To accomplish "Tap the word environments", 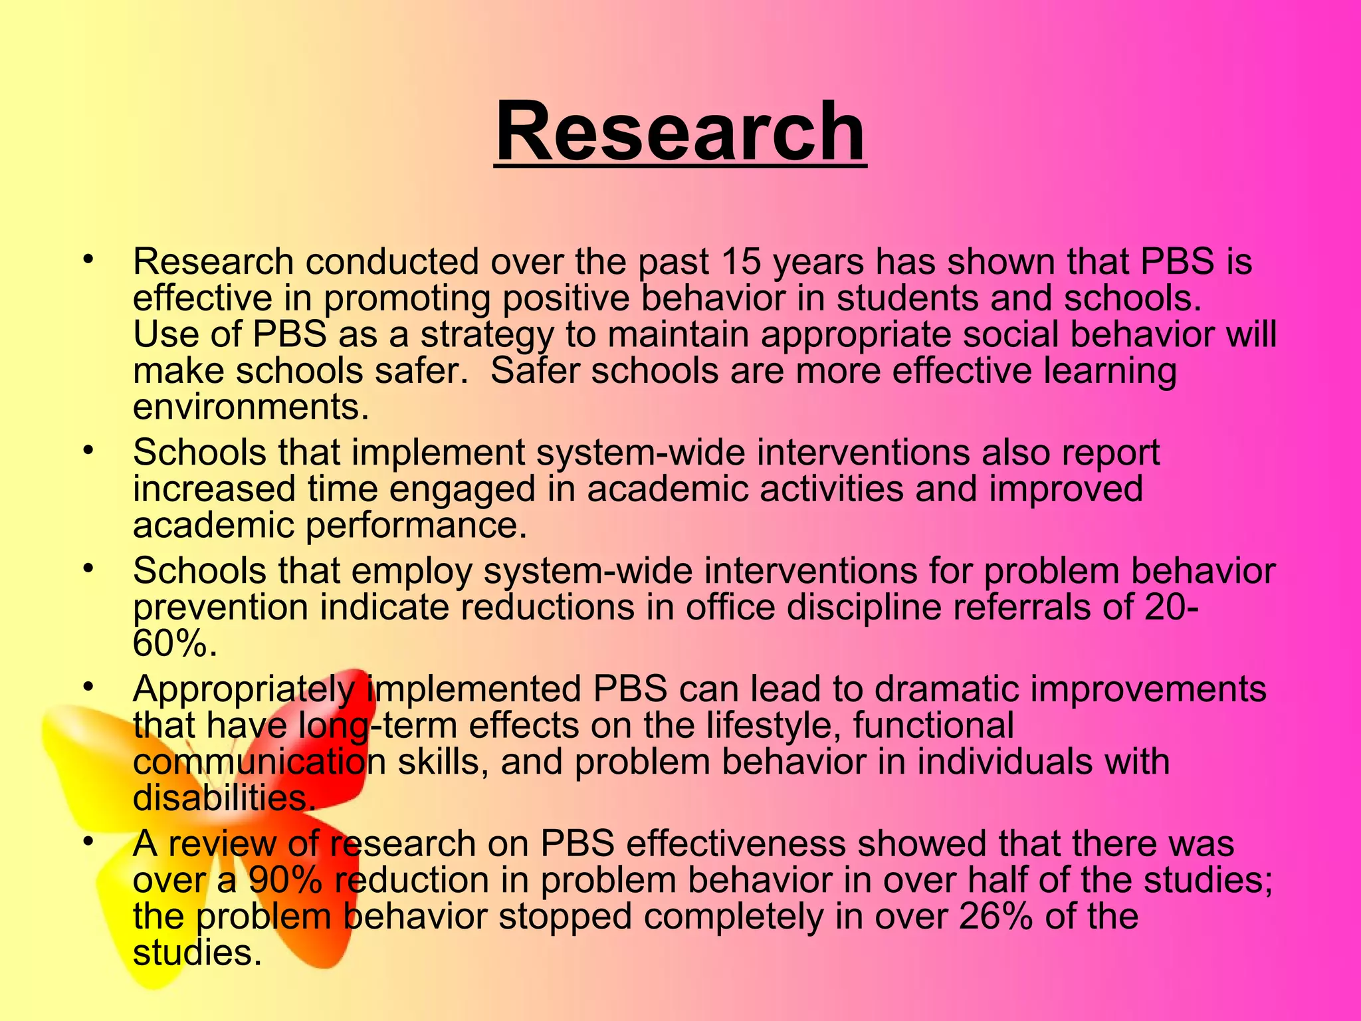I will tap(251, 407).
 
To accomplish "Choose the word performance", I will tap(416, 526).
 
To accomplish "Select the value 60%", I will tap(174, 643).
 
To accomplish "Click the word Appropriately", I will tap(243, 690).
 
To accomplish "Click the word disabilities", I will tap(223, 798).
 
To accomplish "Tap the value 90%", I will tap(285, 881).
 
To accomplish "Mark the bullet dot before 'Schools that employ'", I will tap(86, 570).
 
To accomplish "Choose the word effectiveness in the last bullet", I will tap(735, 844).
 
